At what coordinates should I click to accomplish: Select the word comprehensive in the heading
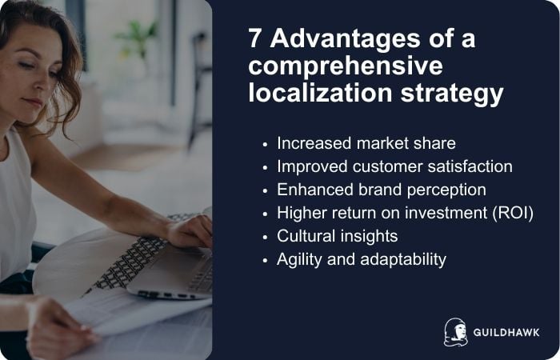345,66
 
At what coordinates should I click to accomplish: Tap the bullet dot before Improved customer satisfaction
266,167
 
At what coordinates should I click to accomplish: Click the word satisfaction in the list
466,166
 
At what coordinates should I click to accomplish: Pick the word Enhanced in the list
313,190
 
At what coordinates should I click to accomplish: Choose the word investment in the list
443,213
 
